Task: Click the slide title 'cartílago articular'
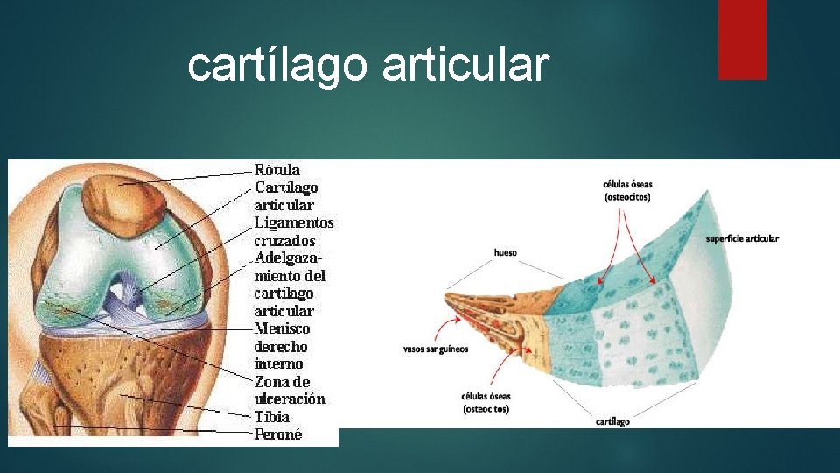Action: pos(368,65)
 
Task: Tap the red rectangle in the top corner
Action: pos(742,39)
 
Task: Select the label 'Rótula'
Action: pos(277,169)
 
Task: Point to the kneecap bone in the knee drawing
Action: pos(124,202)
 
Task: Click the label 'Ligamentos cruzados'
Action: pos(294,231)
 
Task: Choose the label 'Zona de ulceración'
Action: pos(289,390)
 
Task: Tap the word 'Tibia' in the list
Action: pos(271,417)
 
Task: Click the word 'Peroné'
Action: pos(277,434)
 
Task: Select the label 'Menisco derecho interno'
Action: pos(282,346)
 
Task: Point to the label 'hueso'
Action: pos(505,252)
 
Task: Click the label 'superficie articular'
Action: pos(742,238)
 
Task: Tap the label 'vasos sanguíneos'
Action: pos(435,349)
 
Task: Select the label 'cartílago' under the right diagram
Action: pos(612,421)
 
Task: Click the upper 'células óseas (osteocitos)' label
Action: pos(626,190)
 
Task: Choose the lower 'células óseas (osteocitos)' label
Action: pos(486,403)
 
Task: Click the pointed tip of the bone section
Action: pos(451,298)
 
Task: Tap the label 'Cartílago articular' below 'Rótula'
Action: pos(285,195)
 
